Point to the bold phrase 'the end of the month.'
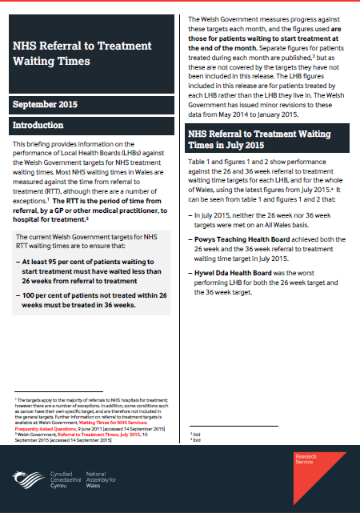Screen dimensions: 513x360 click(231, 50)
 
